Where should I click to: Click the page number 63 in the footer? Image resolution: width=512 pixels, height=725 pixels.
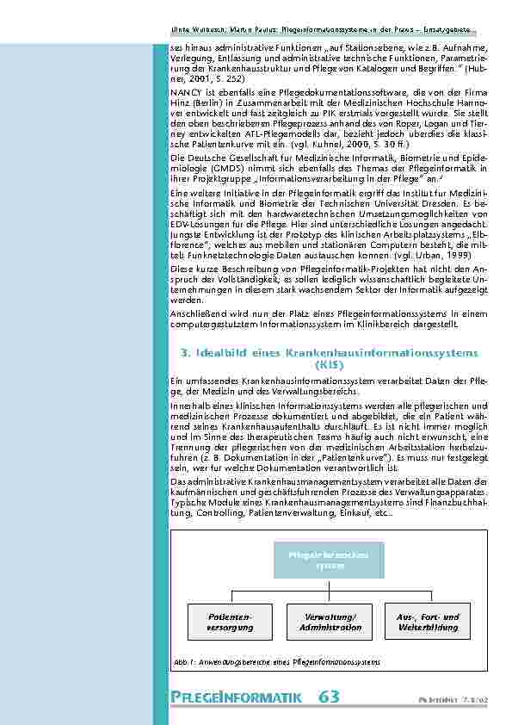coord(329,697)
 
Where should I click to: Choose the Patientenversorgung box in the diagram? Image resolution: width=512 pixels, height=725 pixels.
coord(230,623)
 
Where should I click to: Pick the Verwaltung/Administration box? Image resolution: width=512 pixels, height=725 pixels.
coord(330,623)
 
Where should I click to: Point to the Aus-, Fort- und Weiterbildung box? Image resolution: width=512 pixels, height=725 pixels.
coord(428,623)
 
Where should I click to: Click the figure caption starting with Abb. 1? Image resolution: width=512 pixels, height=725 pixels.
coord(276,661)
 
